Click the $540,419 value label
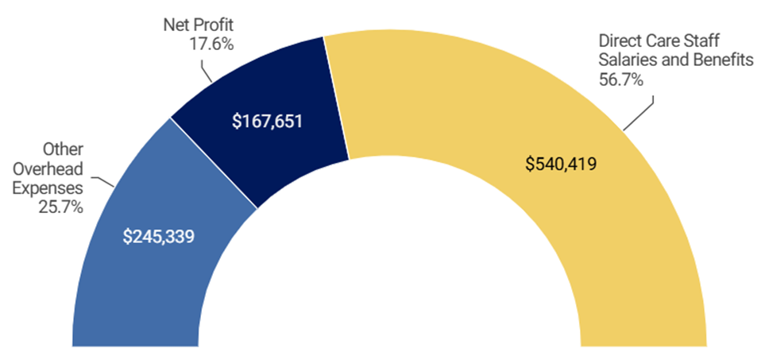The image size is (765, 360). pos(561,165)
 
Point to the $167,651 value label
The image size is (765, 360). pos(267,123)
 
